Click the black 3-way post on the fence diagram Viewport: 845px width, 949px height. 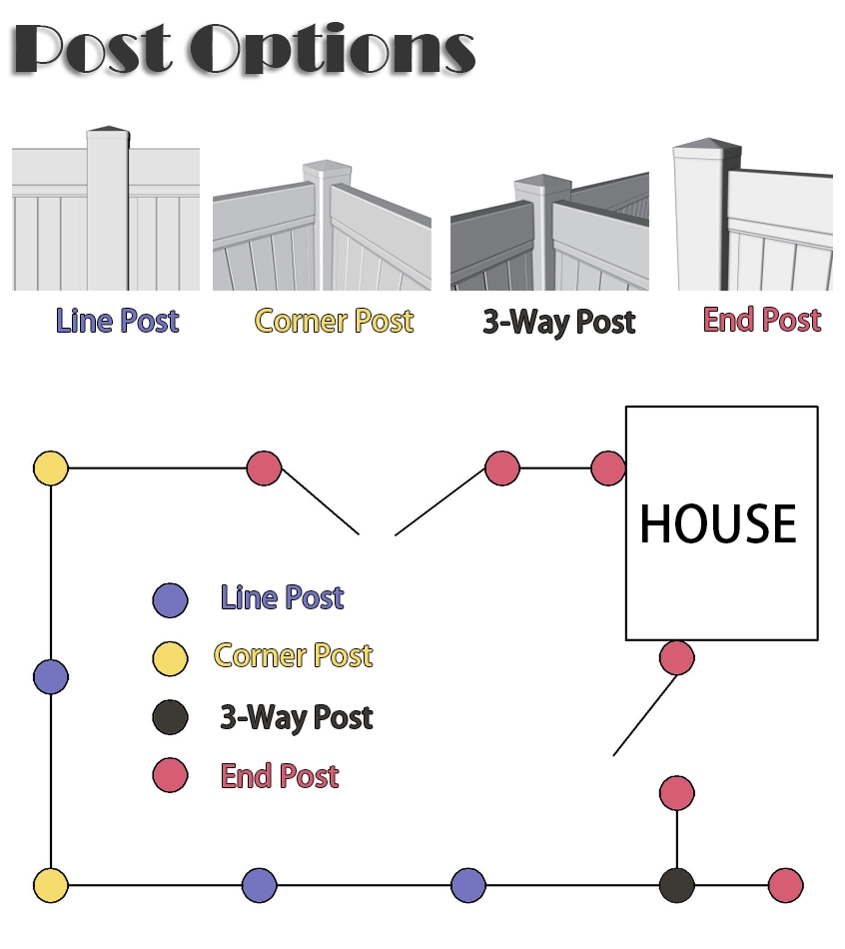point(677,885)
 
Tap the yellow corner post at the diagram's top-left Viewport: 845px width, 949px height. point(51,468)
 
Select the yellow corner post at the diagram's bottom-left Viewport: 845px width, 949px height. point(51,885)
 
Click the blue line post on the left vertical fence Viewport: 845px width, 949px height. point(51,676)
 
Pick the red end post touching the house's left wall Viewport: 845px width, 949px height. point(607,468)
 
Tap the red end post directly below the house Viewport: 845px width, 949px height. point(677,657)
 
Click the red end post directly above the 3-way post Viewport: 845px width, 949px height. point(677,793)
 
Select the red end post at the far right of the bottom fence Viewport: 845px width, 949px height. point(786,885)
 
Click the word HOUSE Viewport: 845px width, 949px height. point(718,523)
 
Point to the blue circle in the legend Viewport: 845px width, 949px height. point(170,600)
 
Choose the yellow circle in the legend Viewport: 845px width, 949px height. point(170,658)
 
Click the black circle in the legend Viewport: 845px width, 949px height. point(170,717)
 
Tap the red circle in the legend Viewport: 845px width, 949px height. point(170,775)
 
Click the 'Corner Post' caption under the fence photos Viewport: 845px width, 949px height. point(335,321)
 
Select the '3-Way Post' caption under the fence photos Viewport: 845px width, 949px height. point(559,322)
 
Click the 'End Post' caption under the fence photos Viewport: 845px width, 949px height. point(762,320)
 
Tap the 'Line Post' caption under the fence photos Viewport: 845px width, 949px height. point(118,321)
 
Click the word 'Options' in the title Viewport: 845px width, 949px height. point(333,50)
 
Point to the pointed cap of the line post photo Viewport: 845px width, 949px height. point(108,130)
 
